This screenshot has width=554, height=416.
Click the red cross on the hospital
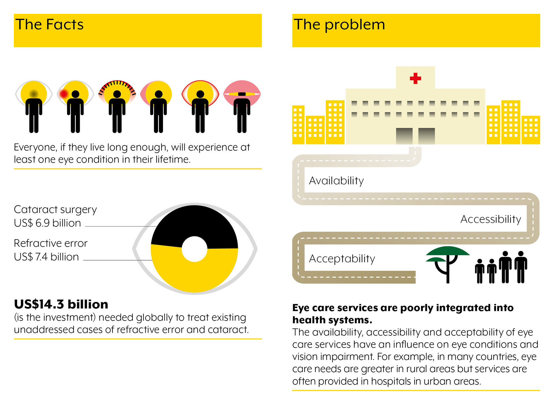pyautogui.click(x=415, y=78)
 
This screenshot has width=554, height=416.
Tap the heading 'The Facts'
pyautogui.click(x=49, y=24)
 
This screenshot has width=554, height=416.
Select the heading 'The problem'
pyautogui.click(x=339, y=24)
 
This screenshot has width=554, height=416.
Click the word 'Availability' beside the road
pyautogui.click(x=336, y=181)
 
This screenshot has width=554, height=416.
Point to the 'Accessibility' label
pyautogui.click(x=491, y=219)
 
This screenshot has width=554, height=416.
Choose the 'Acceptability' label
pyautogui.click(x=342, y=259)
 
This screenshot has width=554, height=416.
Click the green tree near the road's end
pyautogui.click(x=447, y=254)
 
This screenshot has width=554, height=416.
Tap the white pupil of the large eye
pyautogui.click(x=194, y=249)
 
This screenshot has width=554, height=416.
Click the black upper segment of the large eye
pyautogui.click(x=194, y=222)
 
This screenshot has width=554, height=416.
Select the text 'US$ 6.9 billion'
pyautogui.click(x=47, y=223)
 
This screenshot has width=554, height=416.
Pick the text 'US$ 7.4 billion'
pyautogui.click(x=46, y=257)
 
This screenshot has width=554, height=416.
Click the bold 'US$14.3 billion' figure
pyautogui.click(x=61, y=304)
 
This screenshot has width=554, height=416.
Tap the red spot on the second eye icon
pyautogui.click(x=63, y=94)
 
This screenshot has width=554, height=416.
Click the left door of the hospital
pyautogui.click(x=404, y=136)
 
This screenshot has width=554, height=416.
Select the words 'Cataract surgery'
pyautogui.click(x=55, y=209)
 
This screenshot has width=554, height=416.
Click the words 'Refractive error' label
pyautogui.click(x=50, y=243)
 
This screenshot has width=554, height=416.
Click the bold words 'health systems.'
pyautogui.click(x=332, y=320)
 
